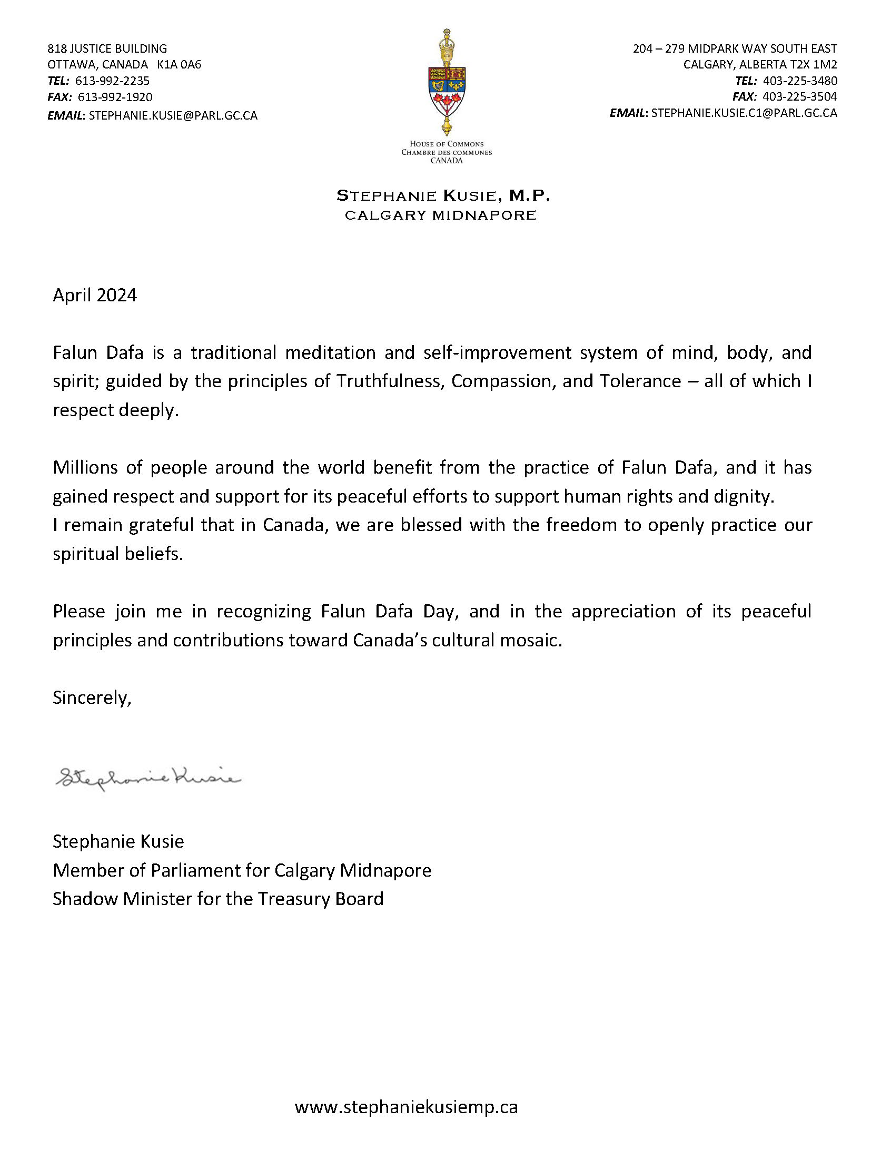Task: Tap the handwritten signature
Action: (148, 779)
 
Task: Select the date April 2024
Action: (95, 295)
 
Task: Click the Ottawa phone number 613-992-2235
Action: (113, 81)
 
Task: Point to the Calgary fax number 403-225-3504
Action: (800, 96)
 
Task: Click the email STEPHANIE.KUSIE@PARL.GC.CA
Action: (173, 115)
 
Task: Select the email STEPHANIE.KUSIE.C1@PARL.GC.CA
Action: (744, 113)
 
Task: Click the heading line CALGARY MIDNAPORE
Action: (440, 215)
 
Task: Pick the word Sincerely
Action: (92, 698)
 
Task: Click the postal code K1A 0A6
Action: (179, 65)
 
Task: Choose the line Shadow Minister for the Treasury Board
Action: (218, 899)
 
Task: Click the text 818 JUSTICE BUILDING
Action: (107, 49)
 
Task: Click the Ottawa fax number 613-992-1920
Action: (115, 97)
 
